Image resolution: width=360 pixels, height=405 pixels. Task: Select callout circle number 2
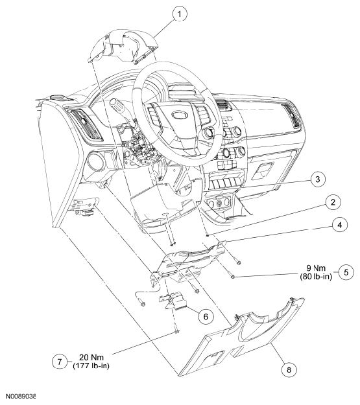[x=331, y=203]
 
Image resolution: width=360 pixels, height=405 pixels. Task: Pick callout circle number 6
[x=204, y=317]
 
